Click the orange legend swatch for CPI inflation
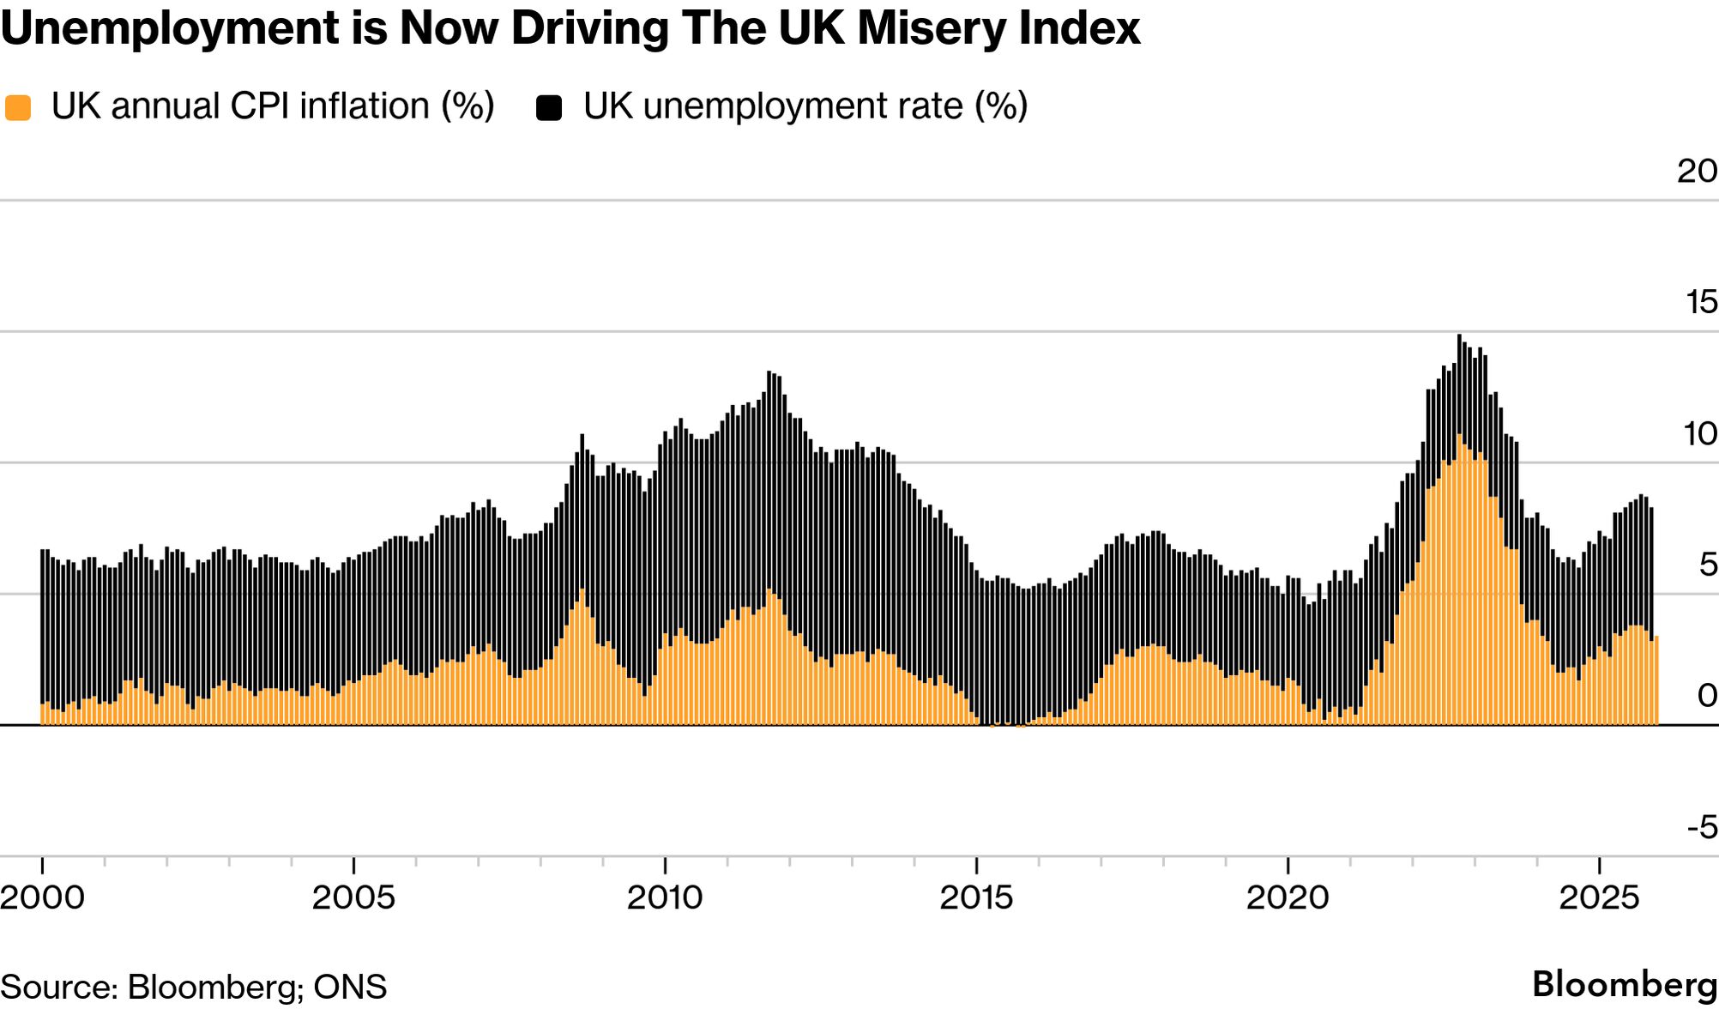[18, 108]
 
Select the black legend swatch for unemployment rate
[549, 108]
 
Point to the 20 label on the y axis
[1697, 171]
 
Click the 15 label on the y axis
[1701, 302]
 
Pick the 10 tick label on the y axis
[1700, 433]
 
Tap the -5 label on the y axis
[1702, 827]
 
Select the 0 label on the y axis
[1708, 696]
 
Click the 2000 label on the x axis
[43, 897]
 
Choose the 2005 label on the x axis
[353, 897]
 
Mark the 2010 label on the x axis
[665, 897]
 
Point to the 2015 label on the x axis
[976, 897]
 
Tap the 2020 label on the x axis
[1287, 897]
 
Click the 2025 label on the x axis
[1599, 897]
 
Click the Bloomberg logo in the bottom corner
[1625, 985]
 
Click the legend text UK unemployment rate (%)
[805, 106]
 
